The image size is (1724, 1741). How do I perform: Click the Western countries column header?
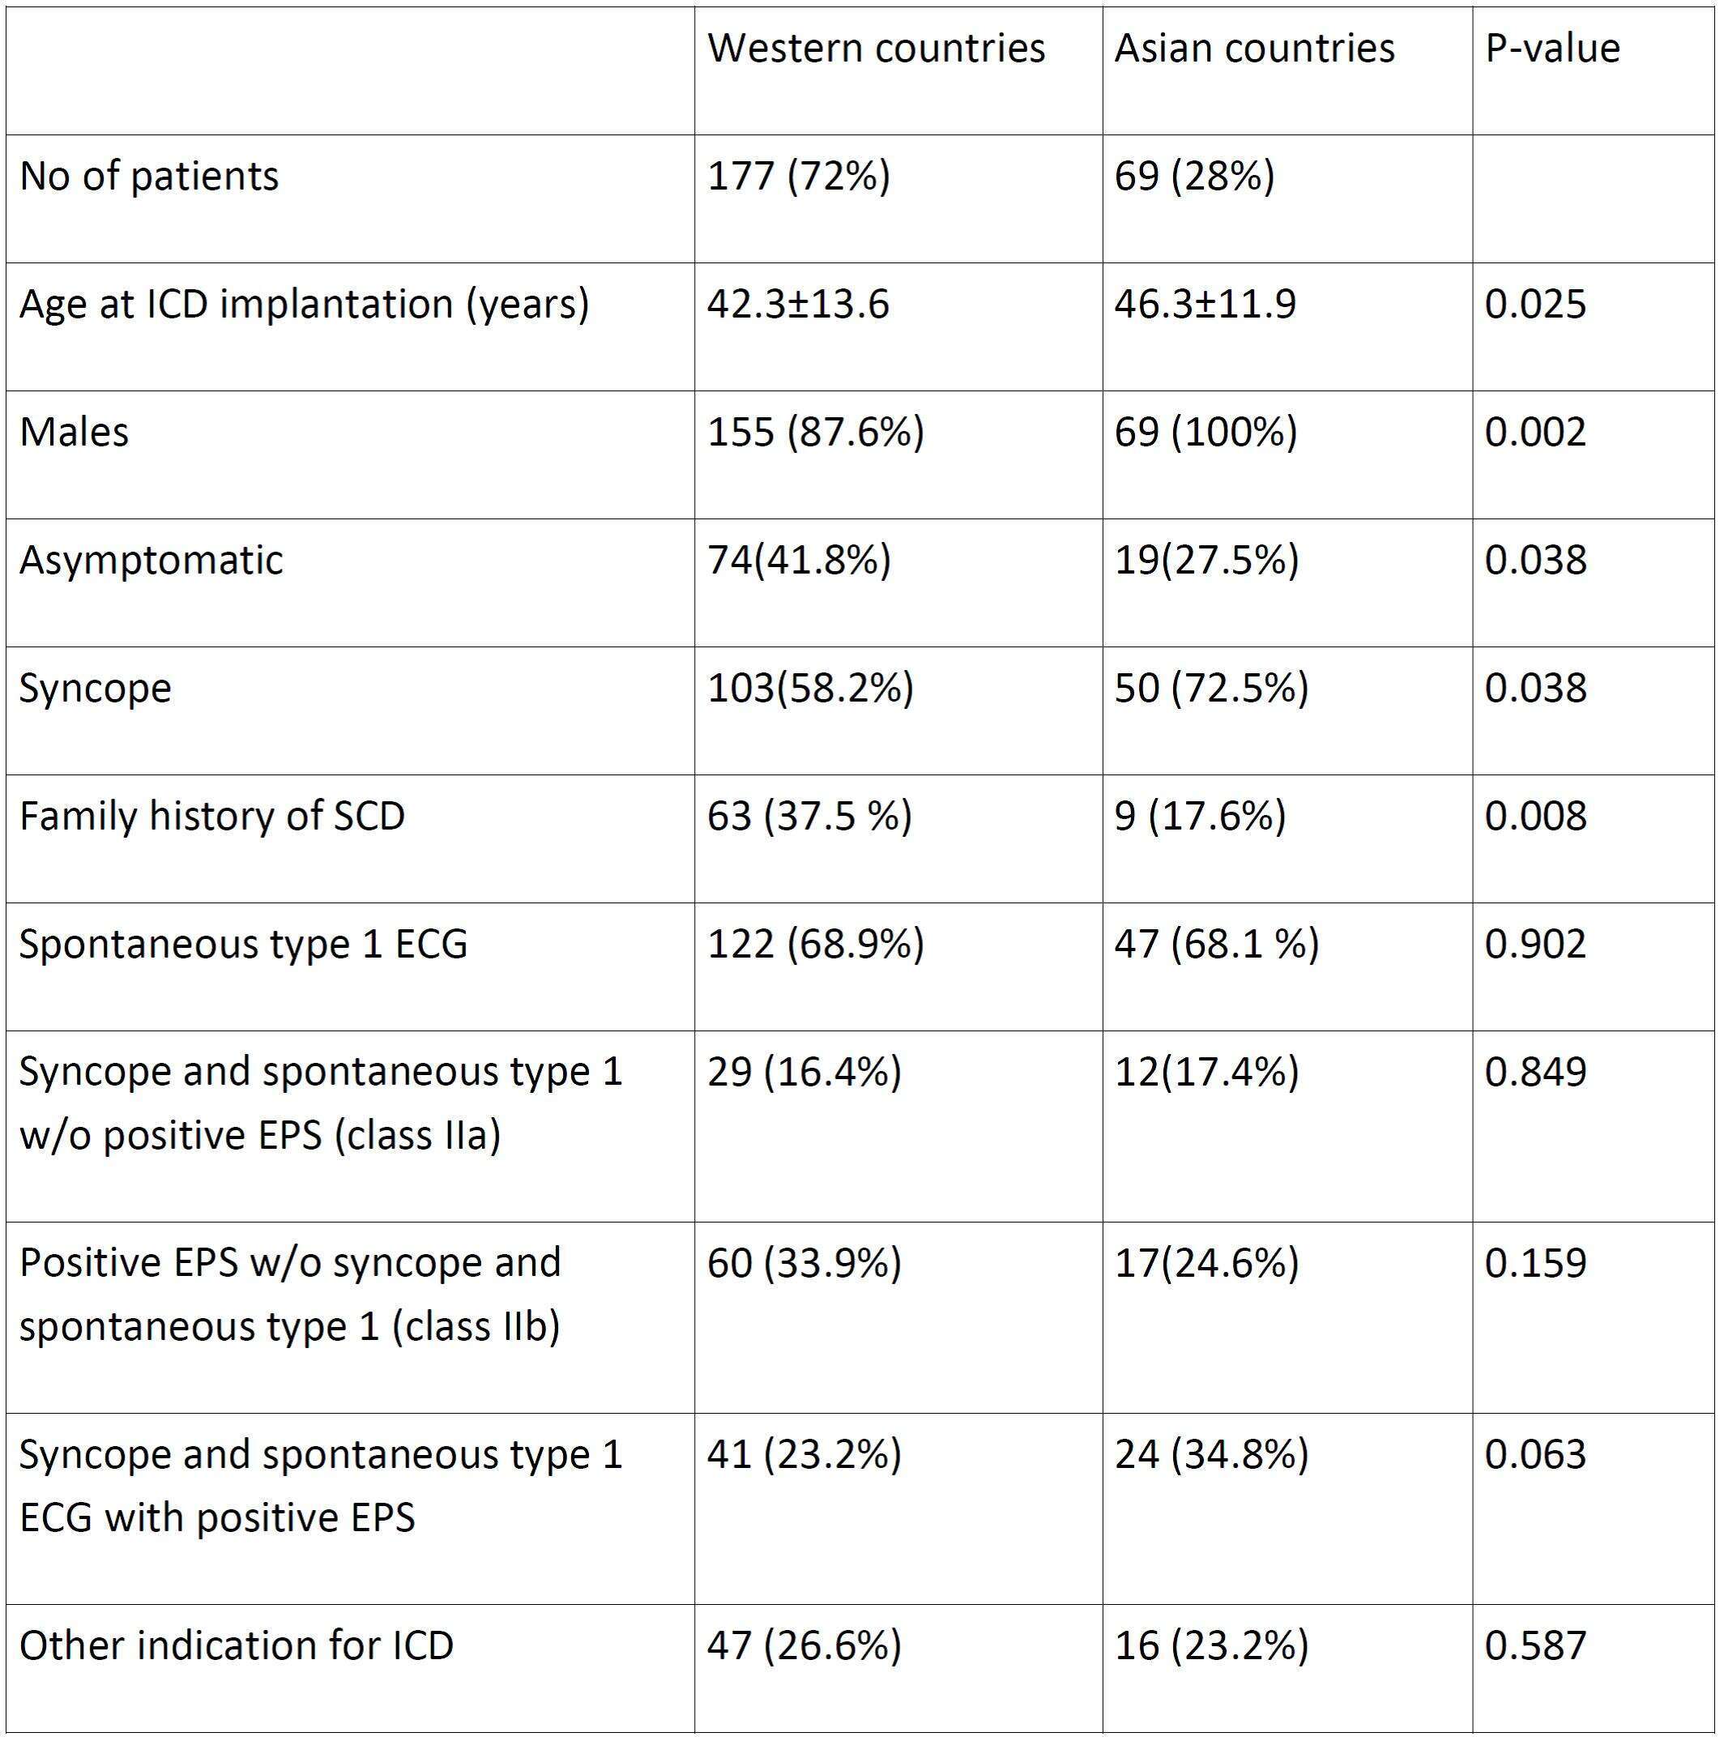[876, 48]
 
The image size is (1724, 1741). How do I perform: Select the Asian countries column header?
[1254, 48]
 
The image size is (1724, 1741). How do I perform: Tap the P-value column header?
[1552, 49]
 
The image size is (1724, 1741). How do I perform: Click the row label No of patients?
[149, 176]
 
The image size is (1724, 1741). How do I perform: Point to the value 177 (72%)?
[799, 176]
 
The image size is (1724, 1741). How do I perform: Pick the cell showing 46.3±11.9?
[1205, 304]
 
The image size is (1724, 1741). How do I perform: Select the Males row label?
[74, 432]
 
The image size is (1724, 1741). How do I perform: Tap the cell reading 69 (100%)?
[1206, 432]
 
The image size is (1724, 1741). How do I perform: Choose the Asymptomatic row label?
[151, 561]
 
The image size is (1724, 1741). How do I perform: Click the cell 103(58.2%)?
[810, 688]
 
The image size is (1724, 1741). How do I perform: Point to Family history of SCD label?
[211, 817]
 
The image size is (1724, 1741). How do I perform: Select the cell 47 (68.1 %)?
[1217, 944]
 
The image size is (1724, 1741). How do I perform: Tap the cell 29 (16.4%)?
[804, 1072]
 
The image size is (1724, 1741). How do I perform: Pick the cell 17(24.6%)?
[1206, 1262]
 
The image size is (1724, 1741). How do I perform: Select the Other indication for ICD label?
[236, 1645]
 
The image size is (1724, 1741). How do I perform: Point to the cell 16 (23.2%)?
[1211, 1645]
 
